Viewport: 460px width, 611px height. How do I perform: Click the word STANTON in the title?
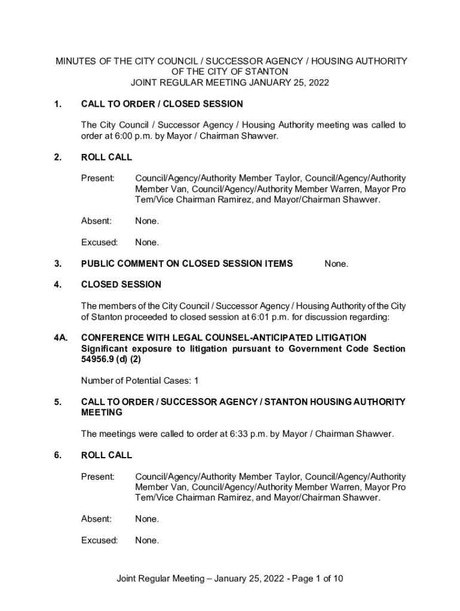point(271,72)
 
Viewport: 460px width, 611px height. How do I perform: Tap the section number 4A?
point(59,338)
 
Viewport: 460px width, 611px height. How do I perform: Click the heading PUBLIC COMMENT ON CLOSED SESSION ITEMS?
point(187,263)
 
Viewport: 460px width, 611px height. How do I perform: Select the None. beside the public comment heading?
point(336,264)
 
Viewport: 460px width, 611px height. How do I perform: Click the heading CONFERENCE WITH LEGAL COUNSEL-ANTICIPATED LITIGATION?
point(223,338)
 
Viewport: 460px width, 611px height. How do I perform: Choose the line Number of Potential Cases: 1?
point(140,380)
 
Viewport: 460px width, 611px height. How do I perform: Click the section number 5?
point(57,402)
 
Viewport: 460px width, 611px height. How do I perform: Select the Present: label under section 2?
point(98,178)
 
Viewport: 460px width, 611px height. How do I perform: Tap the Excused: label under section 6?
point(99,540)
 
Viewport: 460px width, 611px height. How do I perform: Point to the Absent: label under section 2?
point(96,221)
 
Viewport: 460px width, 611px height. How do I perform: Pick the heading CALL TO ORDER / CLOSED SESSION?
point(162,104)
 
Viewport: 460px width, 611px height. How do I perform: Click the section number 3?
point(57,263)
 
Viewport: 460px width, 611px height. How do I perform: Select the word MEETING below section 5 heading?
point(102,412)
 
